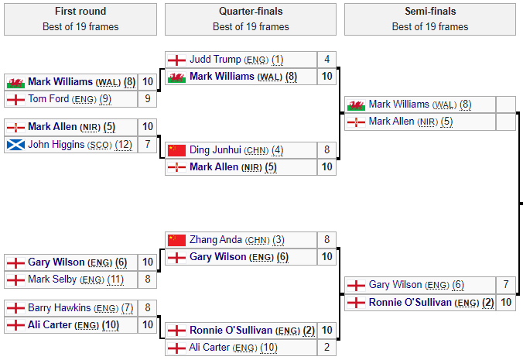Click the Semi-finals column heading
click(x=430, y=12)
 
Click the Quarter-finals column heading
click(x=251, y=12)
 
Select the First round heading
click(x=80, y=12)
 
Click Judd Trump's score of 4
click(x=327, y=60)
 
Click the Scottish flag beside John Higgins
click(x=15, y=144)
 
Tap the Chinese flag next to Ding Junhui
click(x=177, y=150)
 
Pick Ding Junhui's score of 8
click(x=327, y=150)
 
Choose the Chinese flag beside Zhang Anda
click(x=177, y=240)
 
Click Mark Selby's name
click(x=53, y=279)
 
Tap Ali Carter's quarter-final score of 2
click(x=327, y=348)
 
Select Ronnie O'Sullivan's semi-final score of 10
click(x=506, y=302)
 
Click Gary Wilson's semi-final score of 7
click(x=506, y=285)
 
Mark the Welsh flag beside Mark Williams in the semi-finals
click(x=357, y=105)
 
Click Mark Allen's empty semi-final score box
click(x=506, y=122)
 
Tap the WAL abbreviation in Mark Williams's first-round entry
click(x=108, y=82)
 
